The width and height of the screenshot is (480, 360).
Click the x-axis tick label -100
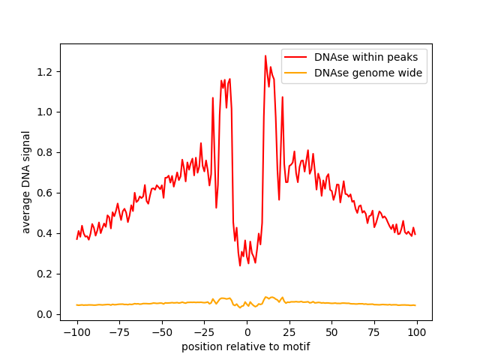pyautogui.click(x=76, y=332)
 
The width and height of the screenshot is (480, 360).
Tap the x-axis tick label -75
pyautogui.click(x=118, y=332)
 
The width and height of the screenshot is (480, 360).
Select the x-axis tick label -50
pyautogui.click(x=161, y=332)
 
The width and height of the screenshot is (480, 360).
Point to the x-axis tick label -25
pyautogui.click(x=203, y=332)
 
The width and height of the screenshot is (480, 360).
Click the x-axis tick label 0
pyautogui.click(x=247, y=332)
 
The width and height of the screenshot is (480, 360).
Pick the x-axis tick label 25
pyautogui.click(x=289, y=332)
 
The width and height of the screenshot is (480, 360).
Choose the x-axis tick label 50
pyautogui.click(x=331, y=332)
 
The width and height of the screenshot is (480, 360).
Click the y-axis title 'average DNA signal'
pyautogui.click(x=26, y=182)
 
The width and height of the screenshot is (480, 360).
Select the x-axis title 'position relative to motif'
pyautogui.click(x=245, y=346)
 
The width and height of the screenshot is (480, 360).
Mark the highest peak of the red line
pyautogui.click(x=265, y=55)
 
